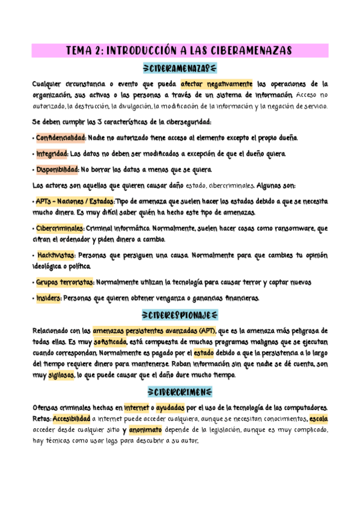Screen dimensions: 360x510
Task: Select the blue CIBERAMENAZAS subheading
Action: tap(180, 69)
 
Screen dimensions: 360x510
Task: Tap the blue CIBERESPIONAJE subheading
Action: tap(180, 315)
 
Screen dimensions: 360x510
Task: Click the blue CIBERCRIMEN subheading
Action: tap(180, 392)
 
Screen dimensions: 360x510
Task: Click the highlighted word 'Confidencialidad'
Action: tap(61, 138)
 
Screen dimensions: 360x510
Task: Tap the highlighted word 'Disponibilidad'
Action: tap(56, 169)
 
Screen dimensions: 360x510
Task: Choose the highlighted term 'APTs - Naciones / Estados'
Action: tap(74, 200)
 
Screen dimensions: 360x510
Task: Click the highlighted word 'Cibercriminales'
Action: tap(59, 229)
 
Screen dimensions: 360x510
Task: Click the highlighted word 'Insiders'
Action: tap(47, 298)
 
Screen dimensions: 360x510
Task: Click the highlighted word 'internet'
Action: tap(135, 407)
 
